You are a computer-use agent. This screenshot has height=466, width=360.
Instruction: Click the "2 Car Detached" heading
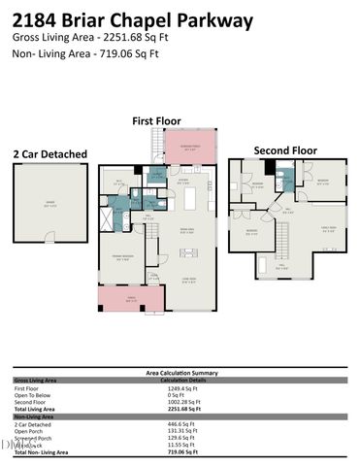(x=49, y=153)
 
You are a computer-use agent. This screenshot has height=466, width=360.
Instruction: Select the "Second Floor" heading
(x=285, y=150)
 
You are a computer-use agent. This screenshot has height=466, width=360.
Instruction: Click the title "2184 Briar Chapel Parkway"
(x=133, y=19)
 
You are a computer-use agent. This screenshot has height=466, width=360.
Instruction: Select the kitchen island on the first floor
(x=190, y=199)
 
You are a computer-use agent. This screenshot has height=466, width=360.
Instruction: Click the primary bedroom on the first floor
(x=122, y=256)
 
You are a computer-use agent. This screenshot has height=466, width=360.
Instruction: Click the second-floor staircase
(x=284, y=234)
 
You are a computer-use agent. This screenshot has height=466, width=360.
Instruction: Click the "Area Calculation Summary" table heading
(x=180, y=372)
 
